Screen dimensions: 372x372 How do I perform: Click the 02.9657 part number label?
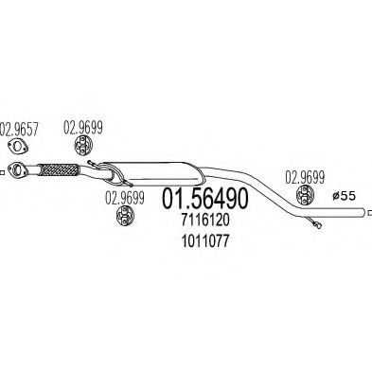click(x=19, y=129)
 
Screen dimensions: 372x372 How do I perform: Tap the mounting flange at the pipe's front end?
click(x=18, y=169)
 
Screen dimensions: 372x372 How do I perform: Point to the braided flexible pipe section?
click(x=59, y=169)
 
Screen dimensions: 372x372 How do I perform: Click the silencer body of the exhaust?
click(x=153, y=173)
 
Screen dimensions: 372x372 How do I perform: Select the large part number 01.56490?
click(x=205, y=198)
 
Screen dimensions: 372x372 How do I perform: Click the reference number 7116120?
click(x=205, y=221)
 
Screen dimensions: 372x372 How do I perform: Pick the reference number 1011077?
click(x=205, y=242)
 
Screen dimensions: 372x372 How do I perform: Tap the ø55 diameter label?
click(x=344, y=196)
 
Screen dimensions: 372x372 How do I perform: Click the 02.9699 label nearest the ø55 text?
click(x=305, y=178)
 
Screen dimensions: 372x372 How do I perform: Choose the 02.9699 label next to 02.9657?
click(x=83, y=128)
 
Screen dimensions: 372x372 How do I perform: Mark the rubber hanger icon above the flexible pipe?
click(x=83, y=145)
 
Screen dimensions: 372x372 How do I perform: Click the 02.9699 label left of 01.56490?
click(x=125, y=198)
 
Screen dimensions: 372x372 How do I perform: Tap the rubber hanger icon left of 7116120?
click(x=125, y=215)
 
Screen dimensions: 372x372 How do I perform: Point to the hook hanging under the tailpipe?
click(x=313, y=221)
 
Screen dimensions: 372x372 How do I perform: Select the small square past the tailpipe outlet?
click(x=370, y=213)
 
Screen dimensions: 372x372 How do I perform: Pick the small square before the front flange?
click(x=2, y=172)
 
